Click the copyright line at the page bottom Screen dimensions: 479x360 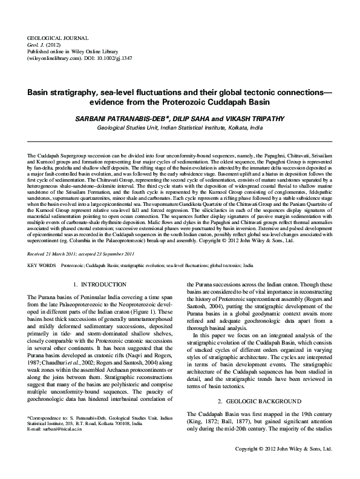(x=284, y=466)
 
